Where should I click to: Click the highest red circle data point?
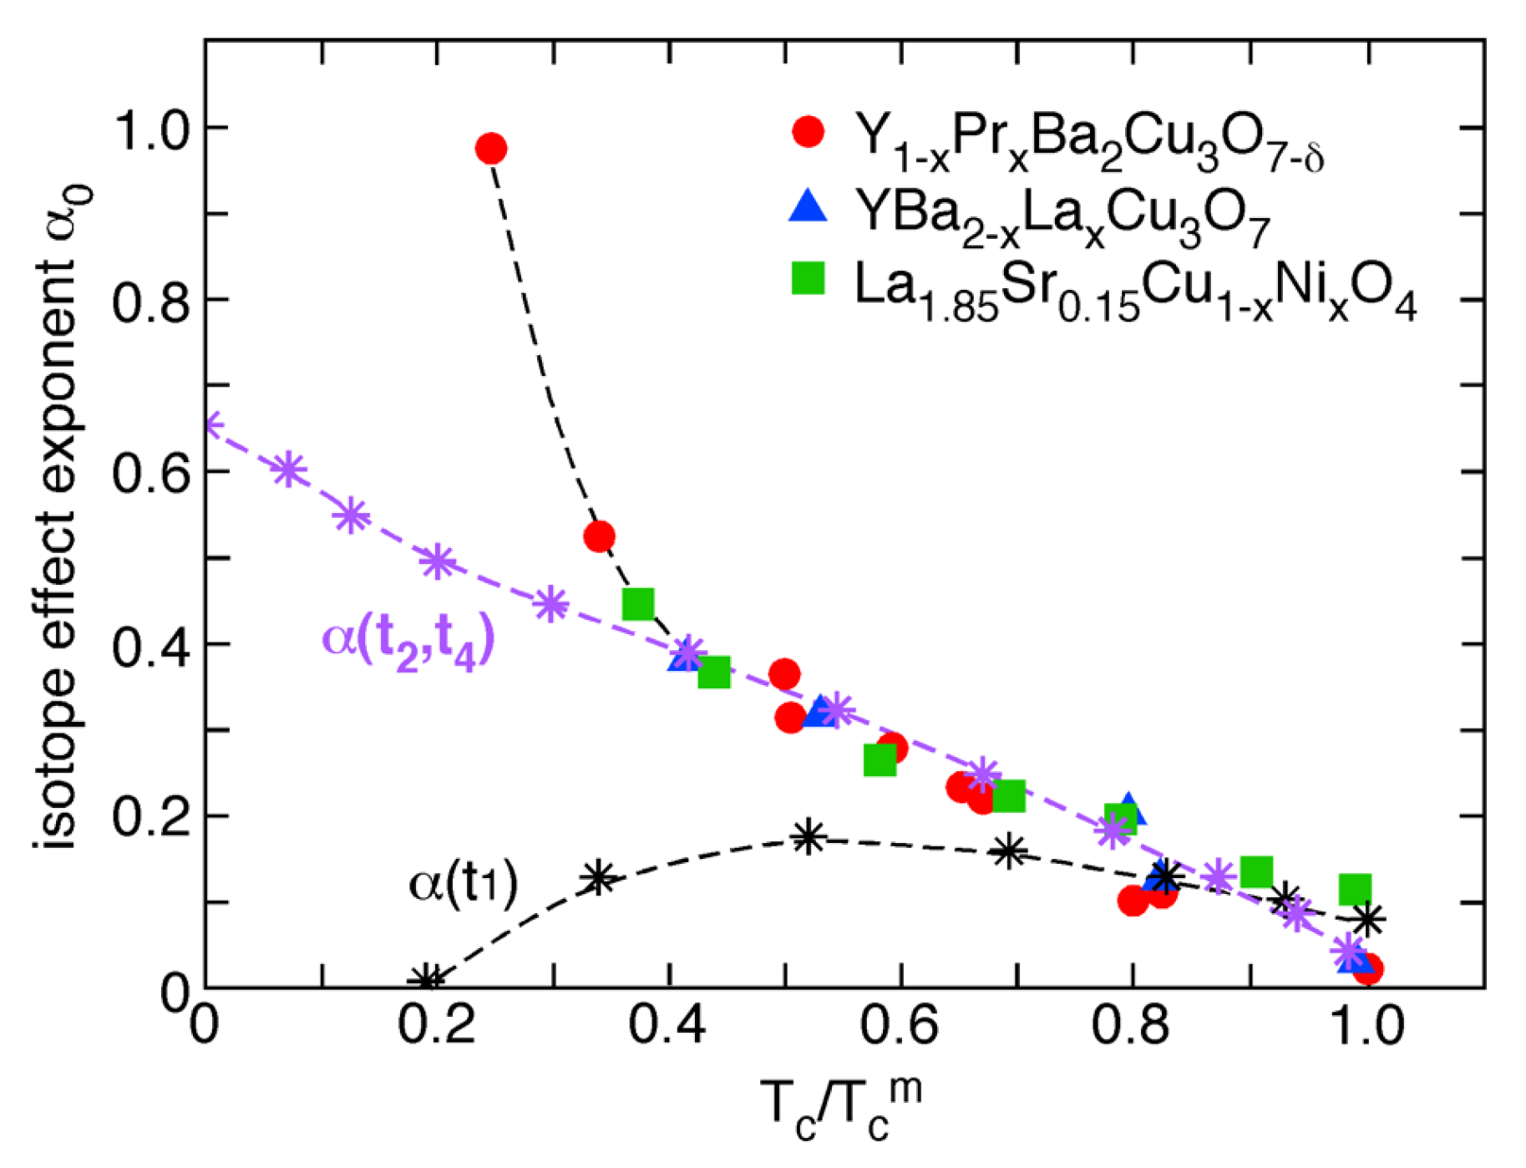pos(491,150)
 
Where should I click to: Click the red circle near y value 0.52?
pos(600,536)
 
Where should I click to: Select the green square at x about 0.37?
pos(638,603)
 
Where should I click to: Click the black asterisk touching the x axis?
pos(428,980)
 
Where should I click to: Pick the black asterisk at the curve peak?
pos(808,837)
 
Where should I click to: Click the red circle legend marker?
pos(808,132)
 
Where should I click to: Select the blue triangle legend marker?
pos(808,206)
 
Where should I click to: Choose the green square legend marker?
pos(808,279)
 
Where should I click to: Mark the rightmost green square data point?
pos(1356,890)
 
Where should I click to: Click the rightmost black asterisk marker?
pos(1367,919)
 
